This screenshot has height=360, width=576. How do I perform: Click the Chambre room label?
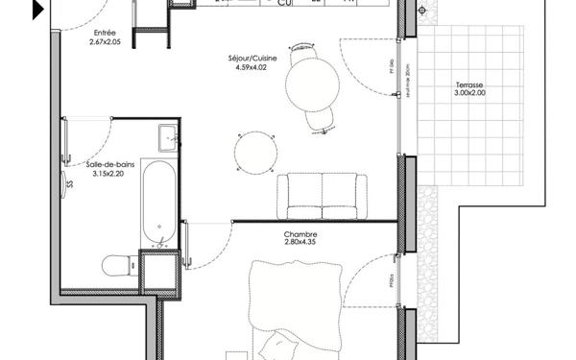[300, 233]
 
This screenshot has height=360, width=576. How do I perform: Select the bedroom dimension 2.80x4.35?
[300, 243]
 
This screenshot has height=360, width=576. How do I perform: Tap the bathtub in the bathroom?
[159, 202]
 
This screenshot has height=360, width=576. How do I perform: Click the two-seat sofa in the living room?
[322, 195]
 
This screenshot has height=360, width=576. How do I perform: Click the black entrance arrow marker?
[37, 10]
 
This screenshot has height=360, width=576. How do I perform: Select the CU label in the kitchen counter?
[284, 3]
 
